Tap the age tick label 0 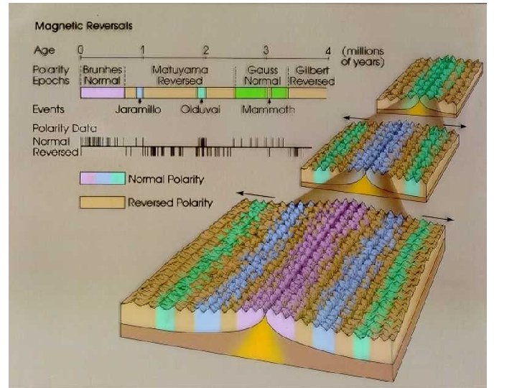click(x=81, y=50)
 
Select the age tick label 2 click(x=206, y=50)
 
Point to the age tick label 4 click(x=328, y=51)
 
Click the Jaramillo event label click(x=139, y=109)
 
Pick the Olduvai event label click(x=199, y=109)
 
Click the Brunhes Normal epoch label click(x=103, y=75)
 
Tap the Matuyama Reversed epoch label click(x=180, y=75)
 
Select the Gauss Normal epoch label click(x=261, y=75)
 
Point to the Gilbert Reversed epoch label click(x=310, y=75)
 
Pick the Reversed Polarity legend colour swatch click(x=101, y=202)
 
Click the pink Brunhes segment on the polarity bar click(x=102, y=93)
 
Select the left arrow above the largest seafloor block click(x=256, y=194)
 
